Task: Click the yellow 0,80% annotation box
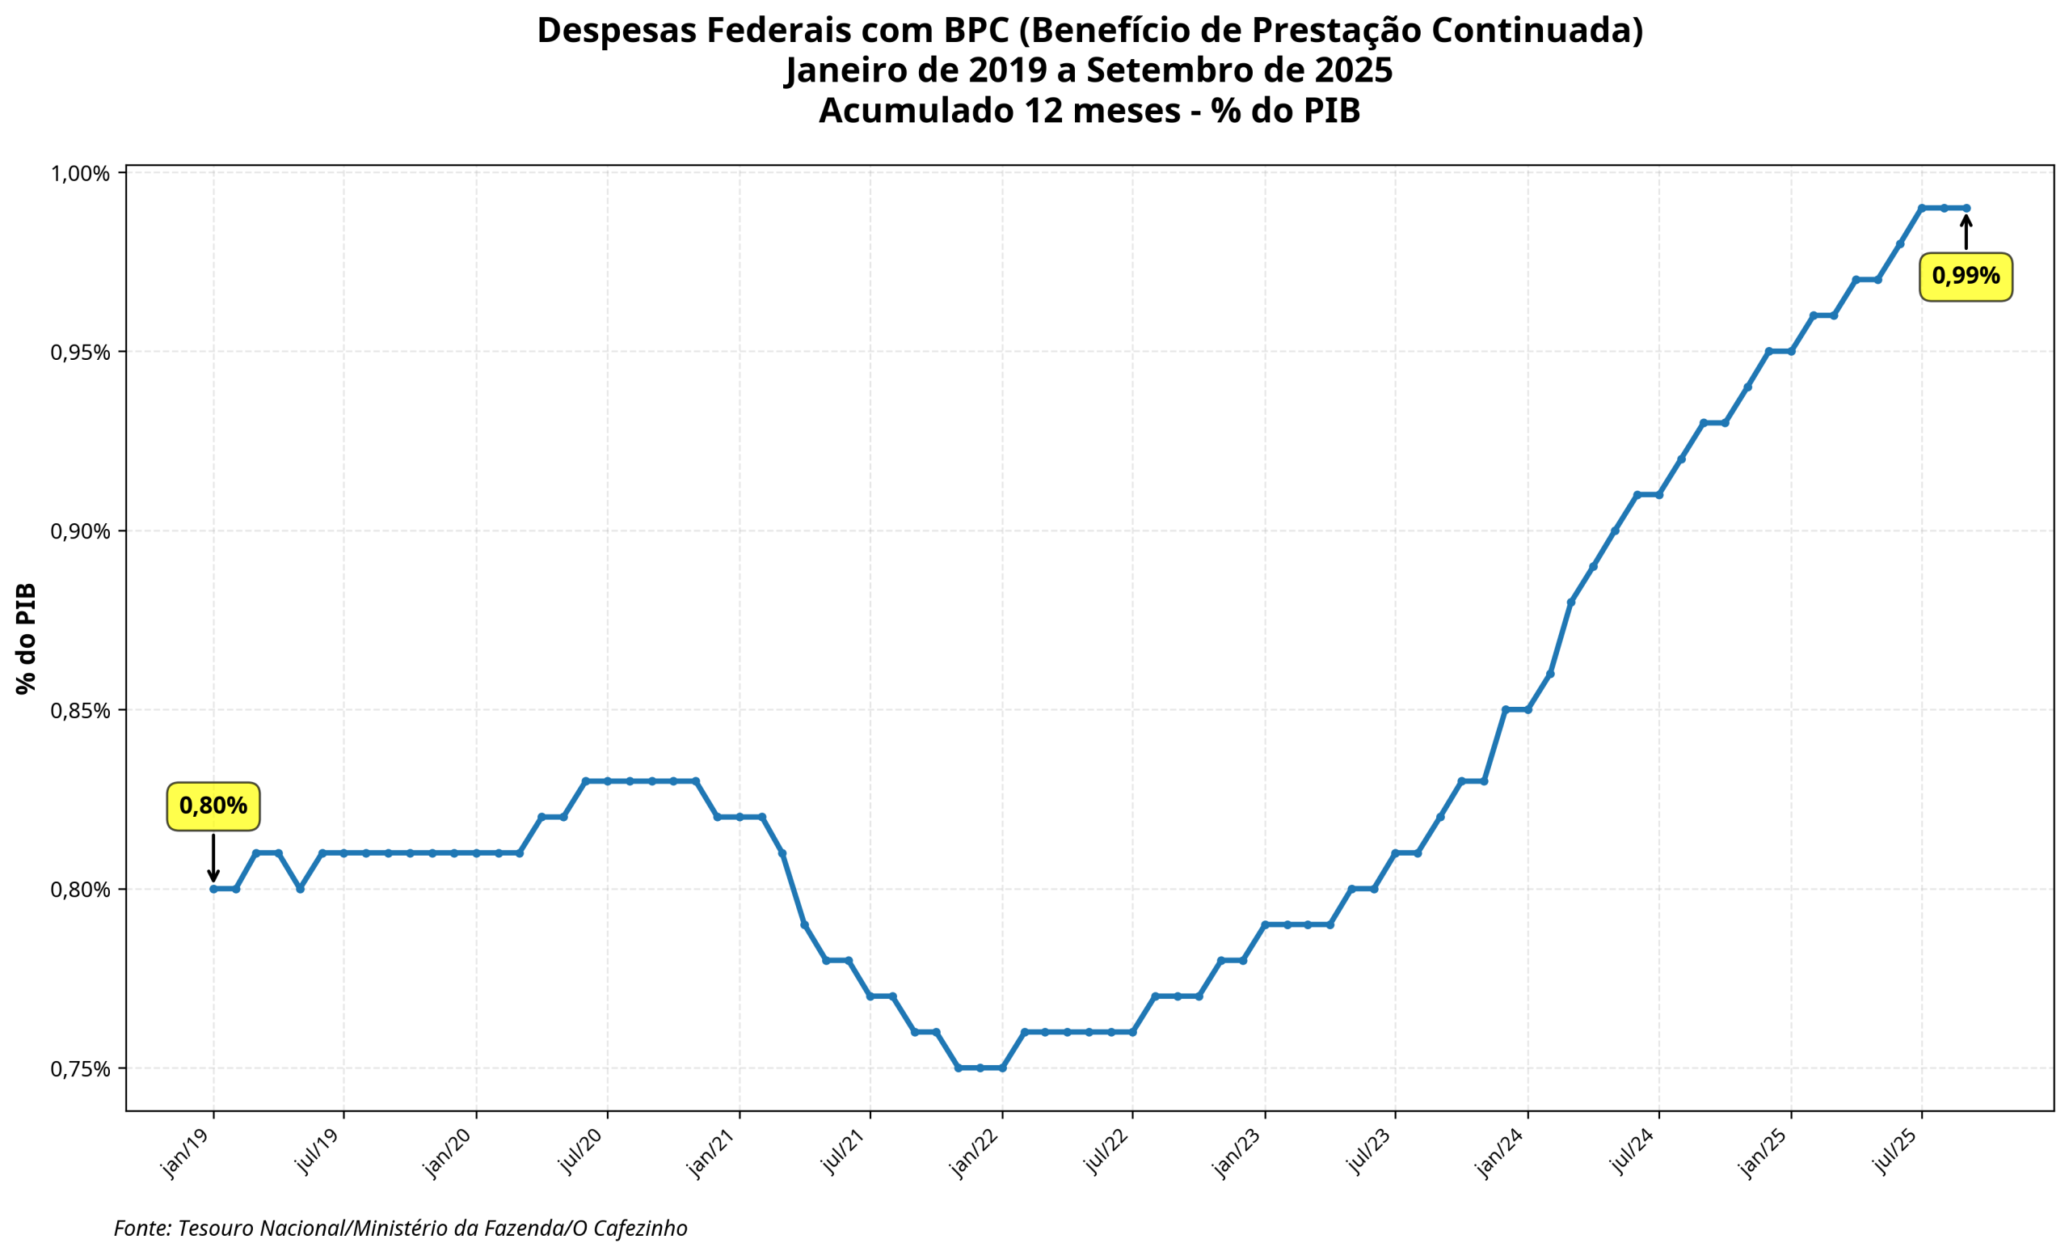click(213, 806)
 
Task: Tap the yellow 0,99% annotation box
click(1965, 276)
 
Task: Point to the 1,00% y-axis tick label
click(81, 174)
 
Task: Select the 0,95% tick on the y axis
click(81, 352)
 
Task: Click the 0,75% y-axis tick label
click(81, 1068)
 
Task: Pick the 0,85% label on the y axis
click(81, 711)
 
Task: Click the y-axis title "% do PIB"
click(26, 638)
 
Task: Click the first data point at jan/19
click(213, 889)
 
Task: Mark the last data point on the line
click(1966, 208)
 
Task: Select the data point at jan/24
click(1528, 710)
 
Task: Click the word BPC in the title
click(976, 30)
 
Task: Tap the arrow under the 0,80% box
click(213, 859)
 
